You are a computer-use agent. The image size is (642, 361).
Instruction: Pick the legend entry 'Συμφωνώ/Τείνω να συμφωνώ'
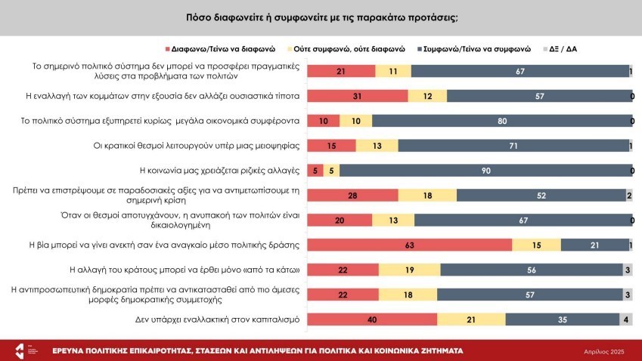(476, 48)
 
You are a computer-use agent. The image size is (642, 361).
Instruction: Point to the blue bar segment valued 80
(501, 121)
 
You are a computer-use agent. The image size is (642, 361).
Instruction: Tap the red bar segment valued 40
(373, 319)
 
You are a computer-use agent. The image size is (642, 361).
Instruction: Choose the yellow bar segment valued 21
(471, 319)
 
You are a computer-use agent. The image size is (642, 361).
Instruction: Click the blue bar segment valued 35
(561, 319)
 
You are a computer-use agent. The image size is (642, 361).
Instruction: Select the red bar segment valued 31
(358, 96)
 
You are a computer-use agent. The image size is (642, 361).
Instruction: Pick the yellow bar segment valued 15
(537, 245)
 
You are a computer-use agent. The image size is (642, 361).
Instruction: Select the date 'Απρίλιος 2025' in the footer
(603, 352)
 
